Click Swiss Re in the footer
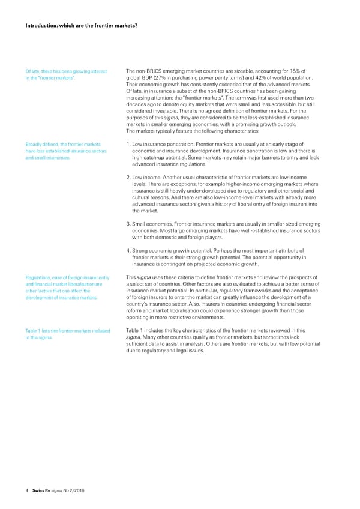pos(41,490)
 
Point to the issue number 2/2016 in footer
pos(76,490)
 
